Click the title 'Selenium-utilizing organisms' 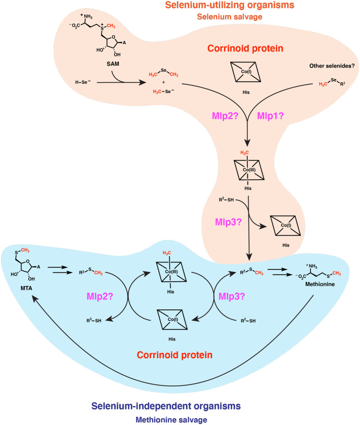(229, 6)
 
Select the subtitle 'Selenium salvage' (229, 17)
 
